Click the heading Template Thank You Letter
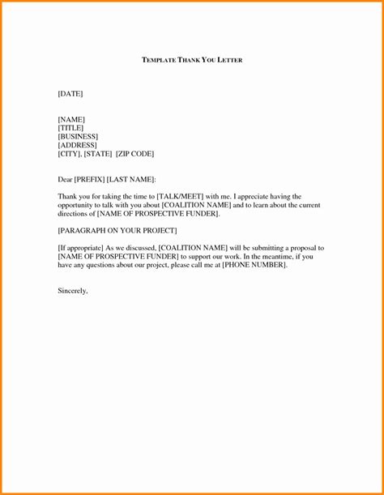pyautogui.click(x=192, y=60)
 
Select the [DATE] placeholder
pyautogui.click(x=70, y=94)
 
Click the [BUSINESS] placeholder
pyautogui.click(x=78, y=136)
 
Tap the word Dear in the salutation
pyautogui.click(x=66, y=179)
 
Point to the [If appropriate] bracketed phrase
pyautogui.click(x=83, y=248)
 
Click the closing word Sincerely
pyautogui.click(x=72, y=290)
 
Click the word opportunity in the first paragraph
pyautogui.click(x=77, y=205)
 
